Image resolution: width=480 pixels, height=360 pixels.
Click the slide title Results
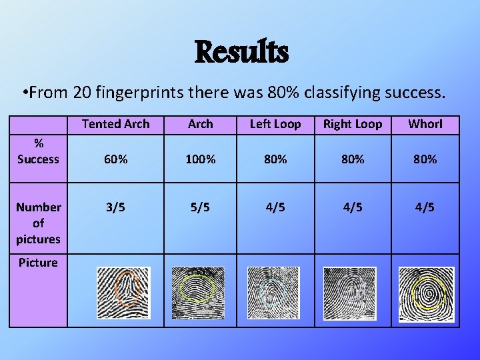[241, 52]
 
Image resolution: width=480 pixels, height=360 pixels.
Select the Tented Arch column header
[115, 124]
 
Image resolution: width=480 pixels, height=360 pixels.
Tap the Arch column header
[200, 124]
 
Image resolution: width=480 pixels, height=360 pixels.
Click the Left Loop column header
[275, 124]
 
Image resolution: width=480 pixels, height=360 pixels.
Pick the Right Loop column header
[353, 124]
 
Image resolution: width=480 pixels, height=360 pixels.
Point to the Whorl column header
[425, 124]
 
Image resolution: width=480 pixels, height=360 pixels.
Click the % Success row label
[38, 152]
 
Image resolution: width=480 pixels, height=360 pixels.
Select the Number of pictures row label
[38, 223]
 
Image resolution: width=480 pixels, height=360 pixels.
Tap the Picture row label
[38, 263]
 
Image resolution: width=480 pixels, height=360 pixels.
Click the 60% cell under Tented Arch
[115, 159]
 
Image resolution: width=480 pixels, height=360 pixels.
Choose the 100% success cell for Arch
[200, 159]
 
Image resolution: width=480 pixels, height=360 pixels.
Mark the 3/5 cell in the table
[115, 207]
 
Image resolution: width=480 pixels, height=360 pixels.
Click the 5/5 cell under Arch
[200, 207]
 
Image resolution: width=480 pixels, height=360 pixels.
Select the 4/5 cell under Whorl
[425, 207]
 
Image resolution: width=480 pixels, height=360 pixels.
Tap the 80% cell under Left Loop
[275, 159]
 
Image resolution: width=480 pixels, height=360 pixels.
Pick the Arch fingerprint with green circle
[198, 292]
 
